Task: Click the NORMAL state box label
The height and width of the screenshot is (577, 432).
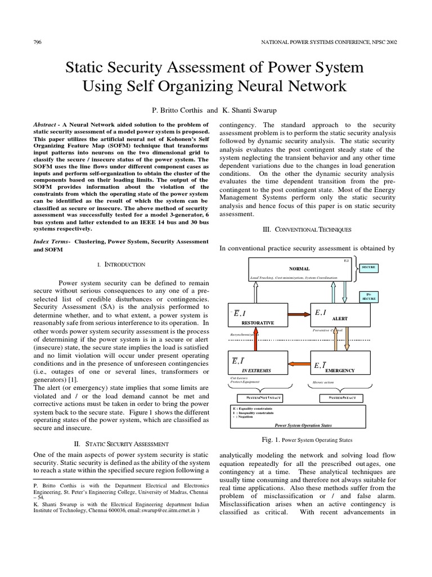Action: [299, 269]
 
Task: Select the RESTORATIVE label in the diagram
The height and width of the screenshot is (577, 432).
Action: [258, 323]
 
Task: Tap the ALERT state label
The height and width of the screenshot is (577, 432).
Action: [339, 318]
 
